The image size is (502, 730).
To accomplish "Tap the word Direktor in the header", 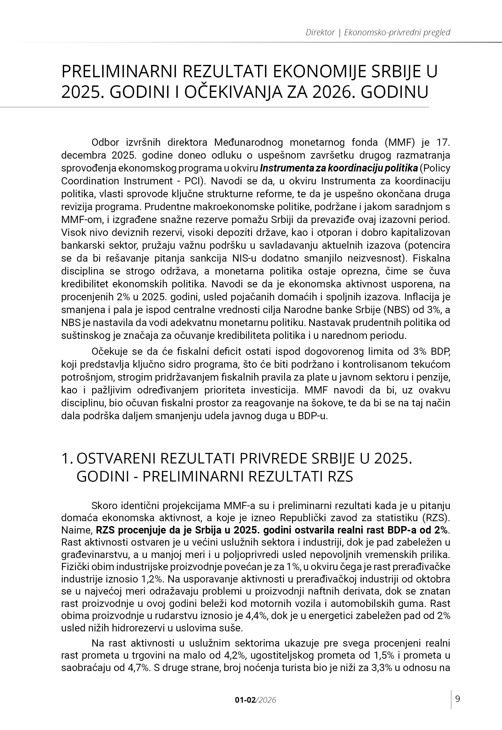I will tap(320, 32).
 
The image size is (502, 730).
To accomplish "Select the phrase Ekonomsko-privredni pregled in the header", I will tap(397, 32).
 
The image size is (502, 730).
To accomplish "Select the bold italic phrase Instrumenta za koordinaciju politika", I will tap(338, 168).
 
